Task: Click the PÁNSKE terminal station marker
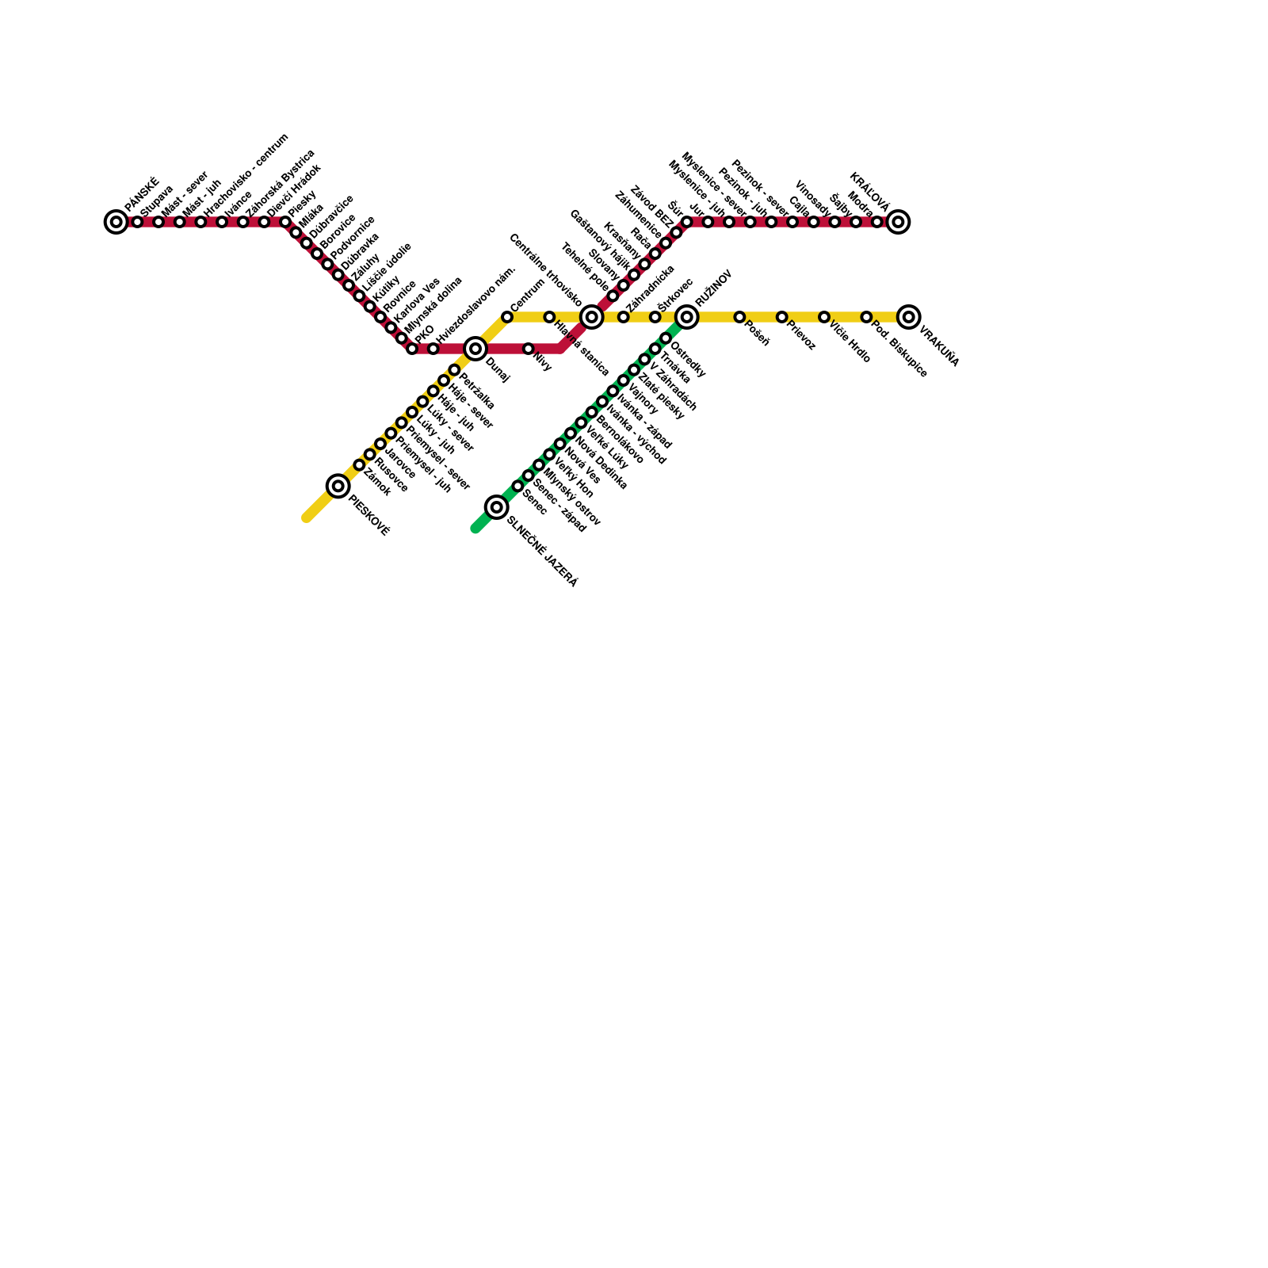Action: click(116, 222)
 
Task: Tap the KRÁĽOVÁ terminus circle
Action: click(898, 222)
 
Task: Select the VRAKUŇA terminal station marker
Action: click(909, 317)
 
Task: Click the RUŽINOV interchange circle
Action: click(687, 317)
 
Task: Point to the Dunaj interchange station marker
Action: click(475, 349)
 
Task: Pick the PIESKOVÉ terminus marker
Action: click(338, 486)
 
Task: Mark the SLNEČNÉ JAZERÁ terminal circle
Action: click(497, 507)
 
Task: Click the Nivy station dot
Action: click(529, 349)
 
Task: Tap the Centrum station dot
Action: click(507, 317)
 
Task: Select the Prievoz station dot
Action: click(782, 317)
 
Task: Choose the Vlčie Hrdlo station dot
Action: click(824, 317)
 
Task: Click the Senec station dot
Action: click(518, 486)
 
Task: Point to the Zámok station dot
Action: click(359, 465)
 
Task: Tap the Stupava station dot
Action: click(137, 222)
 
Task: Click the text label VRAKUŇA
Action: click(939, 347)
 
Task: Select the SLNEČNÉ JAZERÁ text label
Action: click(543, 552)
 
